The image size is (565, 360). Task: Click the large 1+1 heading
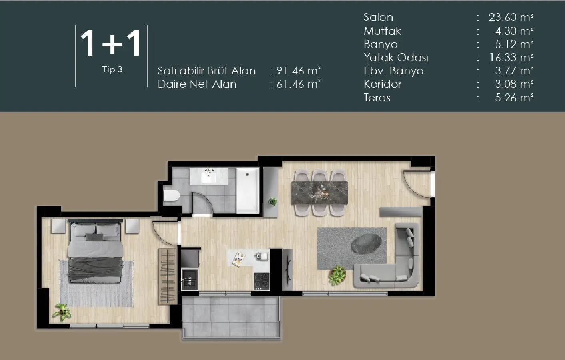pyautogui.click(x=111, y=43)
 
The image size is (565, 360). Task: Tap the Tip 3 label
pyautogui.click(x=112, y=70)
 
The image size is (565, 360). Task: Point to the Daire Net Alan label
pyautogui.click(x=197, y=84)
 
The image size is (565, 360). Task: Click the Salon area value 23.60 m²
pyautogui.click(x=511, y=17)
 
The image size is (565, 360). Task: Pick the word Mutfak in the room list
pyautogui.click(x=382, y=31)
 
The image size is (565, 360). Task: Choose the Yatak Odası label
pyautogui.click(x=396, y=58)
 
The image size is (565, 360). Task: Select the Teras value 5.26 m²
pyautogui.click(x=514, y=98)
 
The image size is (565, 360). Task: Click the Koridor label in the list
pyautogui.click(x=382, y=84)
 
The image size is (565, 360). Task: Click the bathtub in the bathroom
pyautogui.click(x=248, y=191)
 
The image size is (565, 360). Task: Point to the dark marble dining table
pyautogui.click(x=319, y=193)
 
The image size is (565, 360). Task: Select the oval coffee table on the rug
pyautogui.click(x=366, y=243)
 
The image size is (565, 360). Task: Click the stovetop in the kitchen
pyautogui.click(x=262, y=281)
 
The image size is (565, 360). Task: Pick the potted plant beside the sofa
pyautogui.click(x=338, y=275)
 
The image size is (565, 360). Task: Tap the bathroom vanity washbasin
pyautogui.click(x=208, y=175)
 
